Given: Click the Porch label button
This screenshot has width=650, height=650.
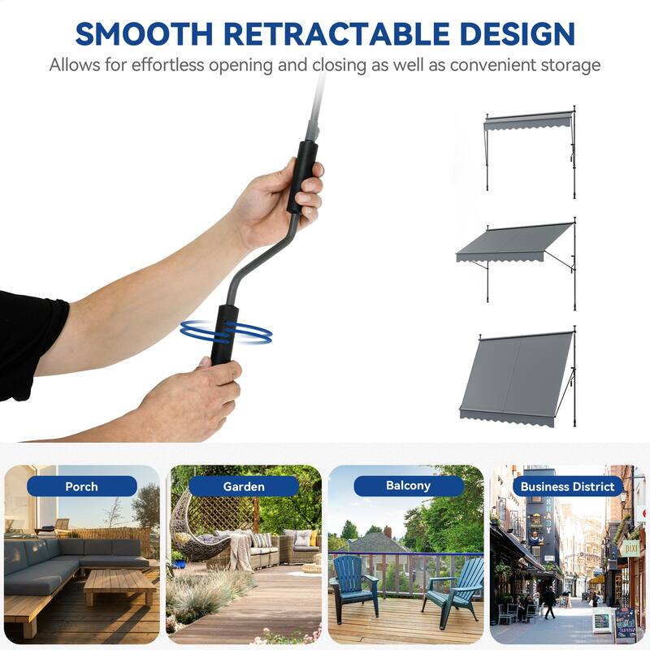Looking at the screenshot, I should click(x=81, y=486).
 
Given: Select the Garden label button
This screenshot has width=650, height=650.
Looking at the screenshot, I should click(x=244, y=486).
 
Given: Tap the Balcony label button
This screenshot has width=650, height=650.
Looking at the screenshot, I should click(x=408, y=486).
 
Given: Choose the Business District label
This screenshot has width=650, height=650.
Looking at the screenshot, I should click(x=568, y=486).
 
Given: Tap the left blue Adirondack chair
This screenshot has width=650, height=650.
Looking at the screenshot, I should click(x=353, y=583).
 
